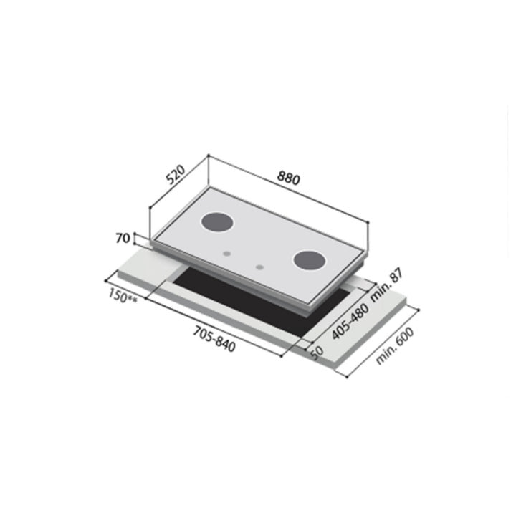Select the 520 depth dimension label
[175, 176]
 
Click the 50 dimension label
[317, 350]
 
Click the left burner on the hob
[216, 223]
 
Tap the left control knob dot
[227, 253]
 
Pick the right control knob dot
[259, 267]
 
